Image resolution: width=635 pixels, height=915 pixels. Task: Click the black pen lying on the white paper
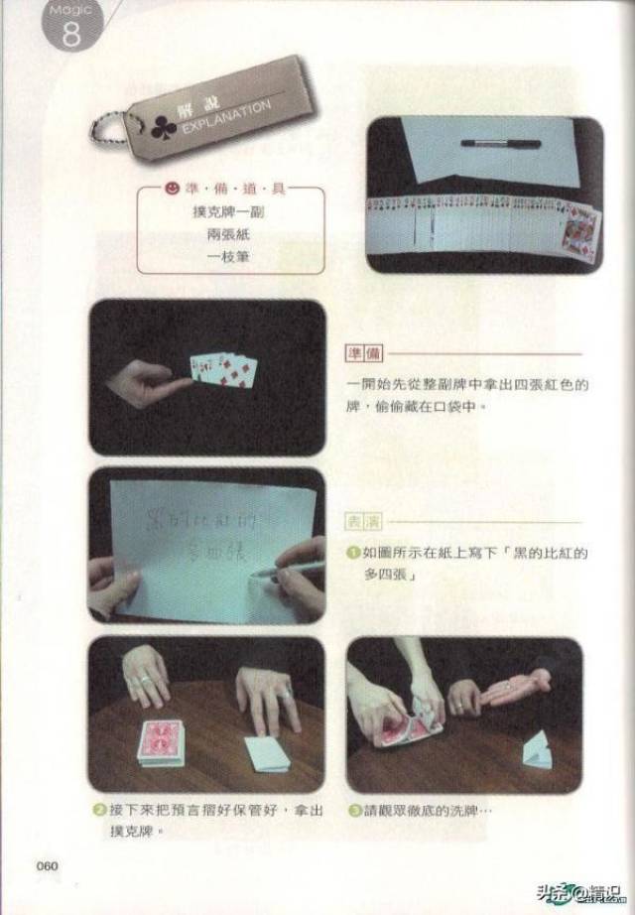tap(500, 144)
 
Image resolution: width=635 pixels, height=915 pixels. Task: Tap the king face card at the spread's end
tap(579, 235)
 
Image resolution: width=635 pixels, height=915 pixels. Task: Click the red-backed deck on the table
tap(161, 742)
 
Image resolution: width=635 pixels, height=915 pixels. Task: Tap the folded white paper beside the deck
tap(265, 754)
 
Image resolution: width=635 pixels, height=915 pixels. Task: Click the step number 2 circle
tap(100, 810)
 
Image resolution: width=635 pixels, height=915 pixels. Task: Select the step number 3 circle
tap(354, 810)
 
